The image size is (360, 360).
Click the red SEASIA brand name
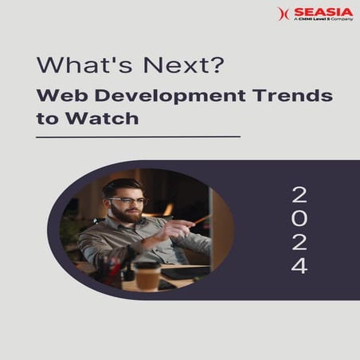pyautogui.click(x=323, y=12)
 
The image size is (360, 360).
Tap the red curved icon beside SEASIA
pyautogui.click(x=283, y=14)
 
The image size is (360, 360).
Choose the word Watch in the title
pyautogui.click(x=112, y=119)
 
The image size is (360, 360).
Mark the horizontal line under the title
pyautogui.click(x=138, y=137)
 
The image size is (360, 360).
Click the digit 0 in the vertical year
pyautogui.click(x=299, y=218)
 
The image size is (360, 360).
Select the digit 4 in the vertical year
pyautogui.click(x=299, y=266)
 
